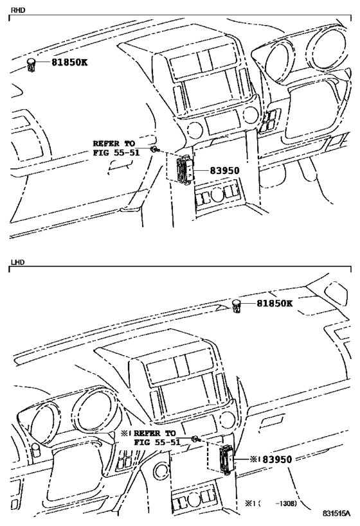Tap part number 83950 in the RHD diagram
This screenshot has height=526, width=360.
(x=224, y=171)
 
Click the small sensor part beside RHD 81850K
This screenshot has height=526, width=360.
(x=31, y=64)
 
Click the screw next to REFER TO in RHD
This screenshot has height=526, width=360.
(x=155, y=150)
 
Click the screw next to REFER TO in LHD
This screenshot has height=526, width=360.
(x=194, y=439)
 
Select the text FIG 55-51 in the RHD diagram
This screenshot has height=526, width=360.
(x=116, y=153)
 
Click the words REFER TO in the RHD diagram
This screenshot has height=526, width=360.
(x=116, y=144)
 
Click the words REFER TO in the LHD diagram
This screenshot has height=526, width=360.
(x=154, y=434)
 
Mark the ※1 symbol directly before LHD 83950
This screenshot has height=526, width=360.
(x=253, y=459)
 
